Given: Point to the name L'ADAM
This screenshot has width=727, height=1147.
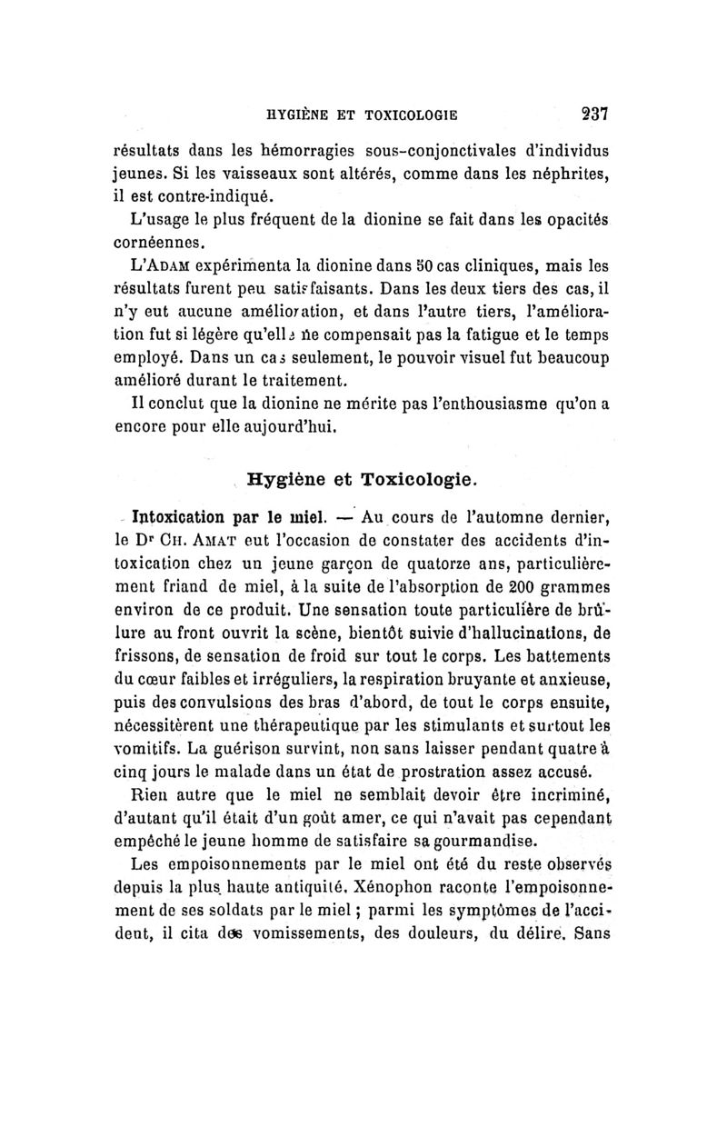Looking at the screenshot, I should pyautogui.click(x=163, y=268).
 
